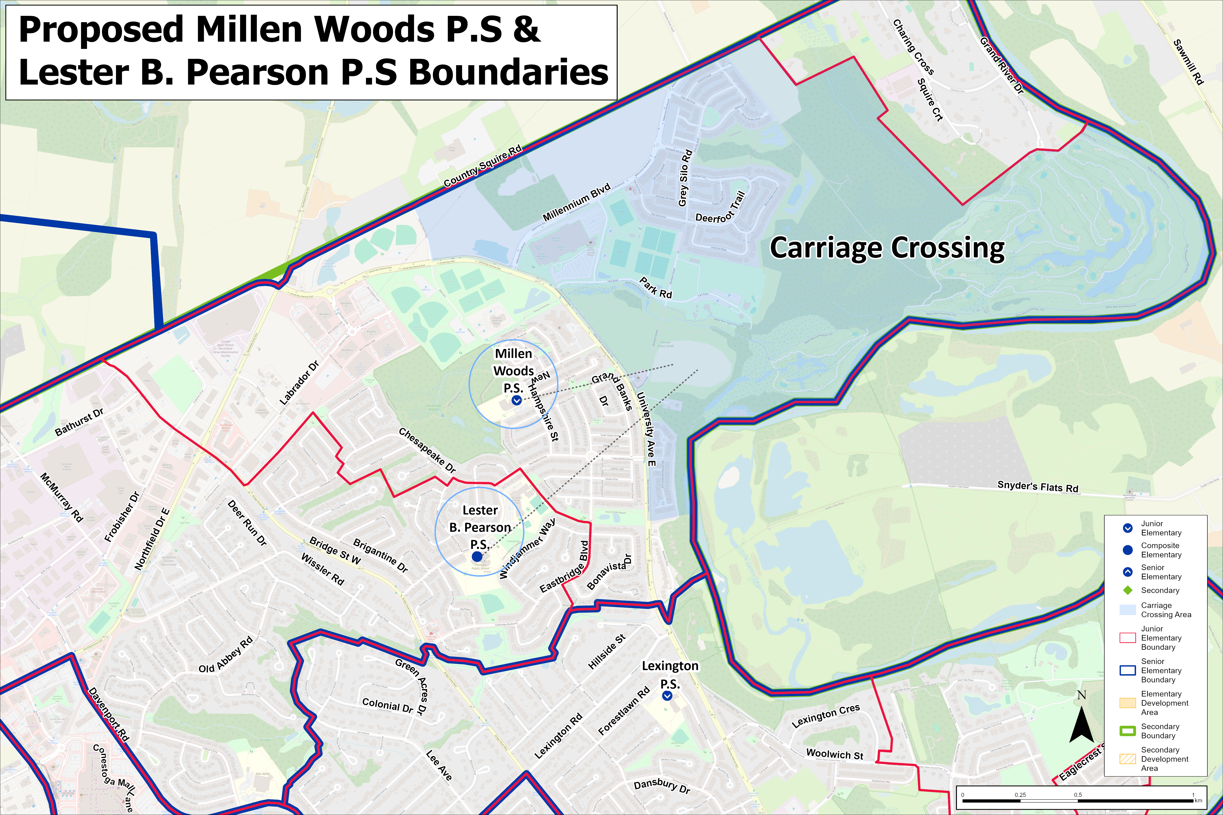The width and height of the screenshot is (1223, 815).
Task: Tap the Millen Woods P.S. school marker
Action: (516, 400)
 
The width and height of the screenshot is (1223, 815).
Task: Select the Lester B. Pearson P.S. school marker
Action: (477, 557)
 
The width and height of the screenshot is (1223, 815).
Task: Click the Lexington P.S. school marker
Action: (667, 695)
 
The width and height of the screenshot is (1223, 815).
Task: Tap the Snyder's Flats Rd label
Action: (1037, 487)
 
